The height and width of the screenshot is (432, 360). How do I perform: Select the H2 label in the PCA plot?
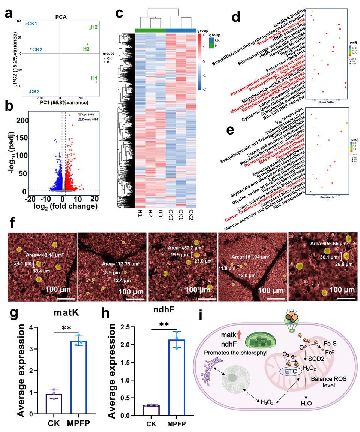click(94, 27)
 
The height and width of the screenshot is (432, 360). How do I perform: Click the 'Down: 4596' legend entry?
click(87, 118)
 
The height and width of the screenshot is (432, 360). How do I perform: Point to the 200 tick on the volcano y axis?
click(24, 120)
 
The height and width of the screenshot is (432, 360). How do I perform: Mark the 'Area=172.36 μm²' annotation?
click(116, 264)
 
